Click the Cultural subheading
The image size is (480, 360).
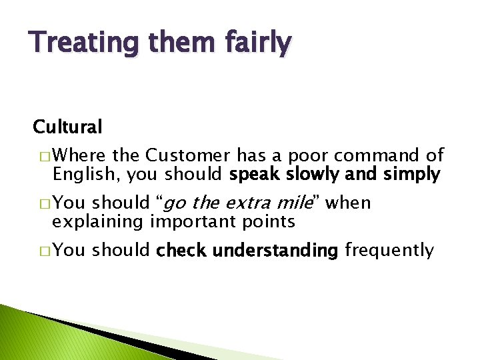click(68, 126)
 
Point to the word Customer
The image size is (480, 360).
click(189, 156)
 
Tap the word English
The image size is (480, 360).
click(83, 174)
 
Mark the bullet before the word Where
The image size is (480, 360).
click(44, 157)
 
